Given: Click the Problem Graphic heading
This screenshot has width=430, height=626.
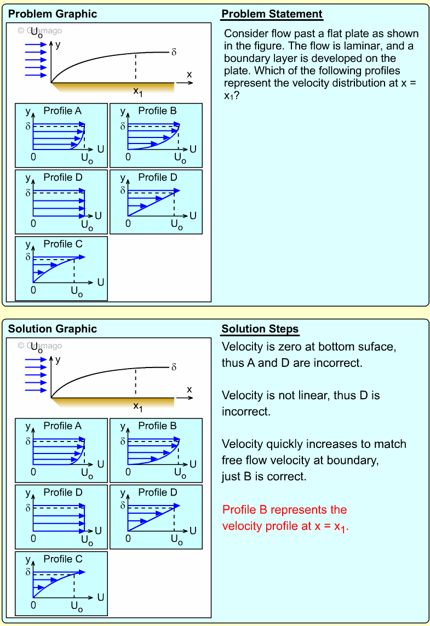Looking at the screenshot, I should [x=53, y=14].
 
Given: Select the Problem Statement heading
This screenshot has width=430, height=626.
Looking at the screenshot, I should [x=272, y=14].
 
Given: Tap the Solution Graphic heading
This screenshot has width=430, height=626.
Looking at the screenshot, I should [x=53, y=329].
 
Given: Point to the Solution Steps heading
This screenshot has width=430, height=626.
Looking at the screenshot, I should [x=260, y=329].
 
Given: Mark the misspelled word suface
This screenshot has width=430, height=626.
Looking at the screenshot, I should [x=378, y=347].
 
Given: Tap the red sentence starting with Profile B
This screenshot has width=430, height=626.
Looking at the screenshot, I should [x=285, y=518].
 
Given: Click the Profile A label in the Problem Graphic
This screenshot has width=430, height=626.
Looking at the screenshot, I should [x=62, y=111].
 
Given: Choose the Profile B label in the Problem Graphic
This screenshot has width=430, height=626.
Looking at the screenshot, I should [x=157, y=111].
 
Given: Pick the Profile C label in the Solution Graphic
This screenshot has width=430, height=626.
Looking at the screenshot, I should [x=63, y=559].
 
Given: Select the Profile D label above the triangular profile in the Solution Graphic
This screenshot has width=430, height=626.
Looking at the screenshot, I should [x=158, y=492].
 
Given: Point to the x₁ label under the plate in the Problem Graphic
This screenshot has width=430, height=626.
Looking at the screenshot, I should [x=137, y=91].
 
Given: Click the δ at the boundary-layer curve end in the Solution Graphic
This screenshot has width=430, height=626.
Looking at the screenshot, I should [x=174, y=367].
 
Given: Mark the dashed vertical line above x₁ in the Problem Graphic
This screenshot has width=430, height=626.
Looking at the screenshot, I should [x=135, y=67].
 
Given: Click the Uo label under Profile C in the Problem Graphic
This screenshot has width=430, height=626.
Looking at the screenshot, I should [x=76, y=292].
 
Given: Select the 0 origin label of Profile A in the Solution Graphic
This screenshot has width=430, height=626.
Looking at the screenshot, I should [x=33, y=472].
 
